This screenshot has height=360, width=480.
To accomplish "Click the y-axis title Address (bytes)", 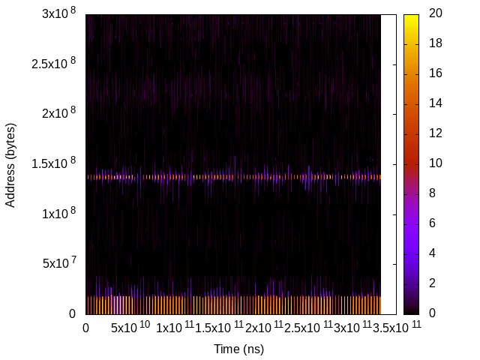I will click(10, 164).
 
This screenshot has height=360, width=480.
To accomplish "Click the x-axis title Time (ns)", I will click(238, 349).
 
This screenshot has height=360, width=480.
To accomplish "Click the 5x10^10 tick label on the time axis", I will click(130, 328).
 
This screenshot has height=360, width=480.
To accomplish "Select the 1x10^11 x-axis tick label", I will click(175, 328).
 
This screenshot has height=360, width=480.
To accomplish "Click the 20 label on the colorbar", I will click(435, 13).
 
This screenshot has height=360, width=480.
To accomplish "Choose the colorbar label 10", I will click(435, 163).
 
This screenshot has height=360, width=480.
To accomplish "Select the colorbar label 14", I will click(435, 103).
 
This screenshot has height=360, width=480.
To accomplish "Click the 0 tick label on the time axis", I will click(85, 328).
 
